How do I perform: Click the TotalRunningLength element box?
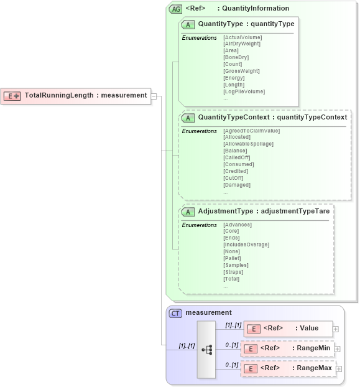tap(75, 96)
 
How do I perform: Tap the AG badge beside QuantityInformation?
tap(175, 9)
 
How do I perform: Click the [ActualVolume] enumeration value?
tap(242, 37)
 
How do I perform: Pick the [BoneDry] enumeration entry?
tap(236, 57)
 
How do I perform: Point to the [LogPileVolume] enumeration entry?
tap(244, 91)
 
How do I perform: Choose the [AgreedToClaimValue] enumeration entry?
tap(251, 131)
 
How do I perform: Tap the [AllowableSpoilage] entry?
tap(248, 144)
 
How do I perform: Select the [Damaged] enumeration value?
tap(237, 185)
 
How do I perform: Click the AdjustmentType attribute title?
tap(264, 212)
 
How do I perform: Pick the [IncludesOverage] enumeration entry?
tap(246, 245)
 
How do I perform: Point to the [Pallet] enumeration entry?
tap(233, 258)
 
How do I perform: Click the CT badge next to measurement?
tap(175, 313)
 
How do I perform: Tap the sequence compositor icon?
tap(206, 350)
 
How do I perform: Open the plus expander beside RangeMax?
tap(339, 370)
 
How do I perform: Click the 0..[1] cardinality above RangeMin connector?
tap(232, 344)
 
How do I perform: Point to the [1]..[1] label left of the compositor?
tap(187, 346)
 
